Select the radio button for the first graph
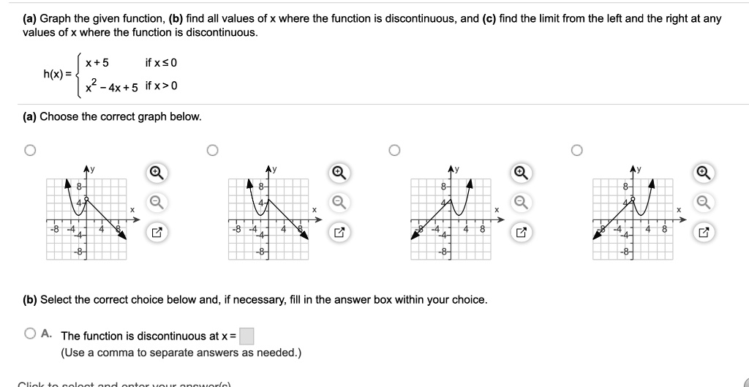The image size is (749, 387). coord(29,151)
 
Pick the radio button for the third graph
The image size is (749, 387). coord(395,151)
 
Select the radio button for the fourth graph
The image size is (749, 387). coord(577,151)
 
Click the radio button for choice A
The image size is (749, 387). coord(30,334)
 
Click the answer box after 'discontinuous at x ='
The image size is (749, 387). coord(247,336)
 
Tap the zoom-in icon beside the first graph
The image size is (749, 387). coord(156,173)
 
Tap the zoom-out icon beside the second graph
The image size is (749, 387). coord(339,203)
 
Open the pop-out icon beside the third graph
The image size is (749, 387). coord(521,233)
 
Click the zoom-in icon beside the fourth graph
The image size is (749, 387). coord(703,173)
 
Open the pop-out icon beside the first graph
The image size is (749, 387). coord(156,233)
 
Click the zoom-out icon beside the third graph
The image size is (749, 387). coord(521,203)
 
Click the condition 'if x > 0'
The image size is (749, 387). coord(161,86)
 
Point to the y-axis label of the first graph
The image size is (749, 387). coord(93,170)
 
